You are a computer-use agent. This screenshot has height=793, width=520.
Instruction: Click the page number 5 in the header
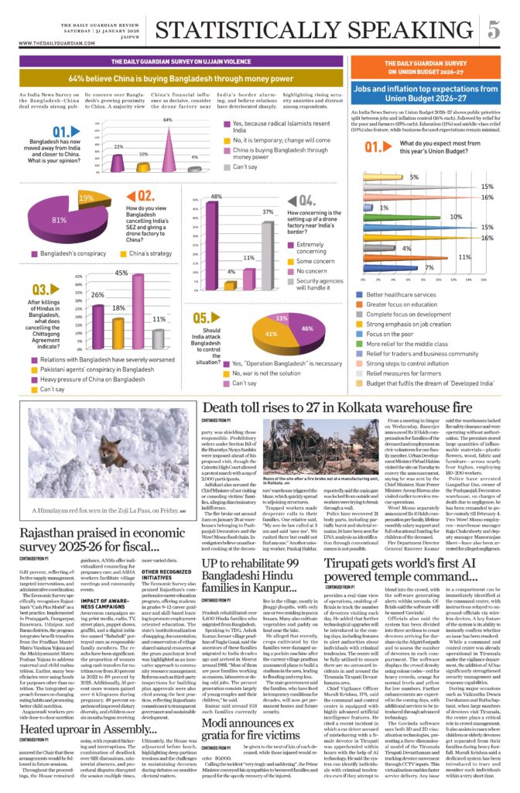pos(493,30)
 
